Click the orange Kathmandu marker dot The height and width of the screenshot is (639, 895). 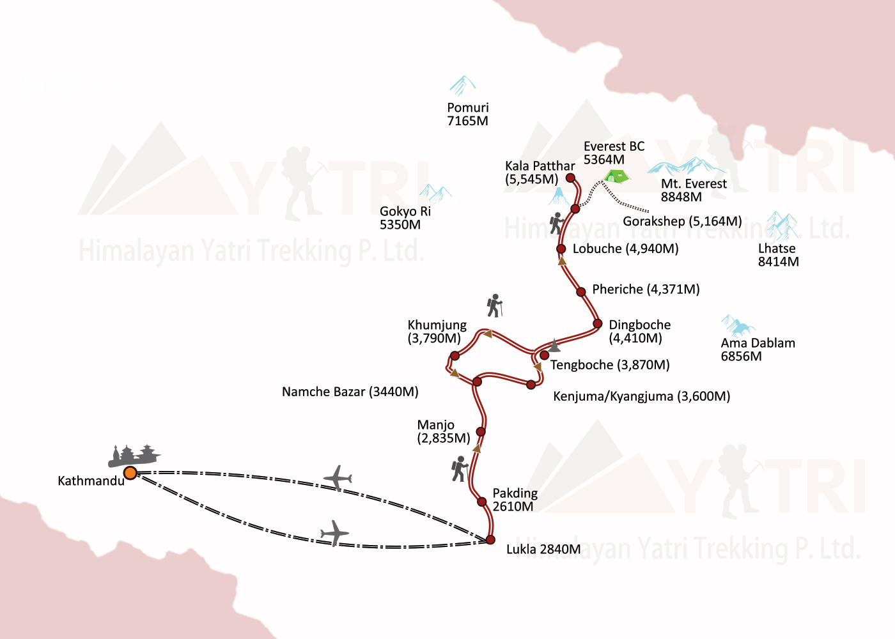tap(130, 473)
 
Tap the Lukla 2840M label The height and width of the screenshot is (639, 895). tap(543, 550)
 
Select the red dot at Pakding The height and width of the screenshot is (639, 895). tap(482, 502)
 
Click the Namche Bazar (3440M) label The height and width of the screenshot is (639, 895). tap(350, 392)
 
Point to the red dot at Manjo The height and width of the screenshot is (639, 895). tap(481, 432)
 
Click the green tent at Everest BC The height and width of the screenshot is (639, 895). tap(616, 175)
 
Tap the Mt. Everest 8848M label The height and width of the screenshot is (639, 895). tap(694, 190)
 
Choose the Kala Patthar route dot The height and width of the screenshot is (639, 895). tap(570, 178)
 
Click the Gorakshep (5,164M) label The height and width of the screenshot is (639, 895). tap(682, 221)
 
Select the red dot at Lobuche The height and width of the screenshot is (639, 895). tap(561, 249)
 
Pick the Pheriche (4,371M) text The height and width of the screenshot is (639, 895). tap(646, 289)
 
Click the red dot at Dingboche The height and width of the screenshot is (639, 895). tap(597, 324)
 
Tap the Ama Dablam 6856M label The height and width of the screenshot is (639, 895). tap(758, 350)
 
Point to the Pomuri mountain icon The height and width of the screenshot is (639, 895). tap(462, 85)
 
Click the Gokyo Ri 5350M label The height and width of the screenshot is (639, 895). tap(405, 218)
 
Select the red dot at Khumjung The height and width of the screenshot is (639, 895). tap(455, 356)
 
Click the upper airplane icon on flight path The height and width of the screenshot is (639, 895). tap(338, 478)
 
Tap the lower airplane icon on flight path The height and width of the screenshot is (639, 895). tap(334, 533)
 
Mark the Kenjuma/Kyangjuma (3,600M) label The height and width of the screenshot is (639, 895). tap(641, 396)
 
